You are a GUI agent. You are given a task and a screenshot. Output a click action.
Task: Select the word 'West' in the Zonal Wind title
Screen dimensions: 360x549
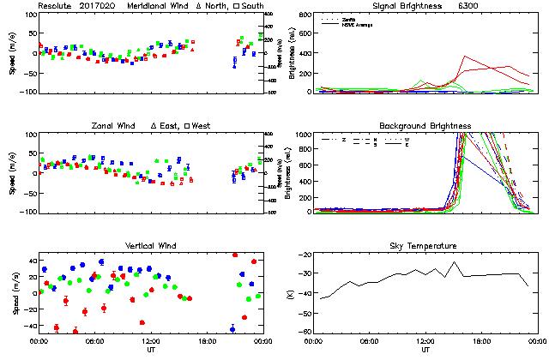pyautogui.click(x=201, y=126)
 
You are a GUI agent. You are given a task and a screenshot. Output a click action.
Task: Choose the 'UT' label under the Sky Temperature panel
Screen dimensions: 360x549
pyautogui.click(x=425, y=350)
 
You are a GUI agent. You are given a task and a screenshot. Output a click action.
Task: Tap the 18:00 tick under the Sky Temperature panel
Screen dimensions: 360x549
pyautogui.click(x=482, y=341)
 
